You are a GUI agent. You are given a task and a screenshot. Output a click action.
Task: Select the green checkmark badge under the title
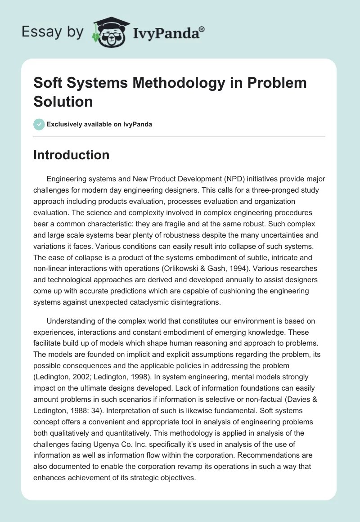(x=39, y=124)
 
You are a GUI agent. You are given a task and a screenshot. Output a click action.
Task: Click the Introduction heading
(x=71, y=155)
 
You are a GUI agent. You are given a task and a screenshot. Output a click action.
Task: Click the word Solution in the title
(x=63, y=101)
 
